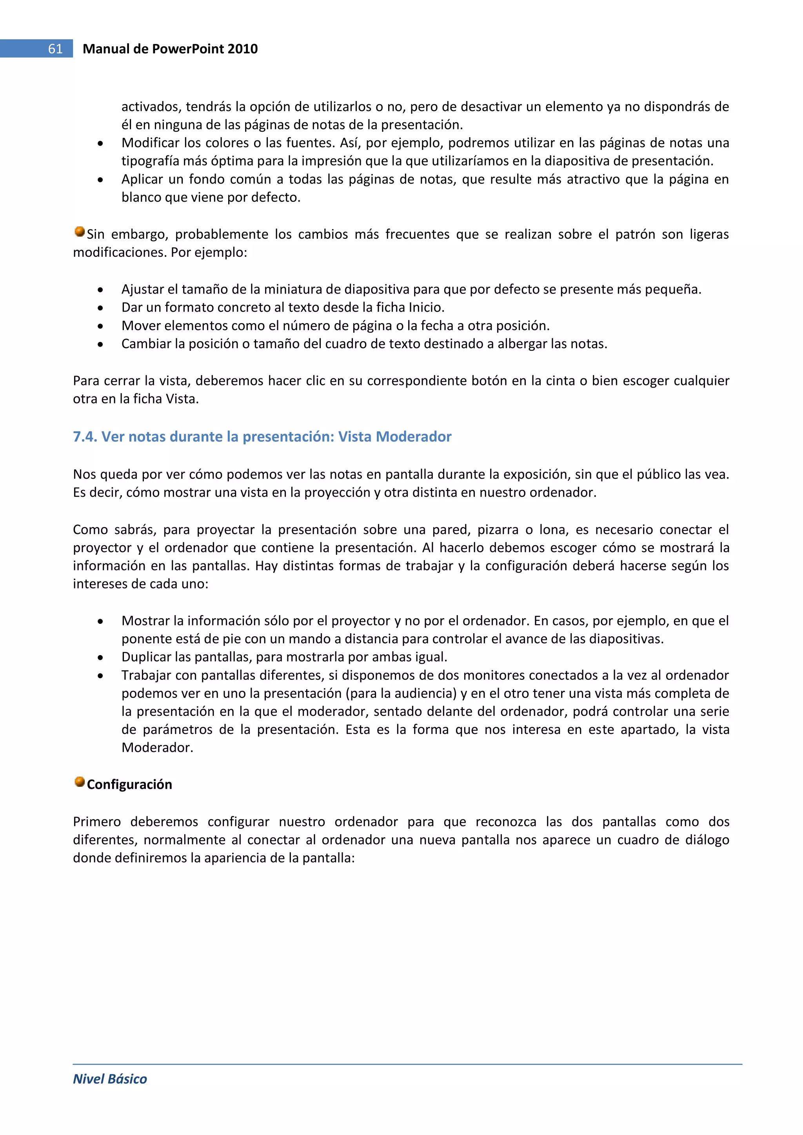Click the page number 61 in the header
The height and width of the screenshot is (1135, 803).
(x=55, y=49)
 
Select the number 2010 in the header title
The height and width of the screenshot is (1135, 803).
(x=242, y=49)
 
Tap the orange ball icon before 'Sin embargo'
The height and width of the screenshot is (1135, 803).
(x=80, y=231)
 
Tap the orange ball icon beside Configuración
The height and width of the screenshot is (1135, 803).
(x=80, y=781)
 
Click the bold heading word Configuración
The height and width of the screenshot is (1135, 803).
(x=129, y=785)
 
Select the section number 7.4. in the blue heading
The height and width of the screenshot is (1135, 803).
(x=85, y=436)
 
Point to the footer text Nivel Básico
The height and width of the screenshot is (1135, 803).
(x=110, y=1079)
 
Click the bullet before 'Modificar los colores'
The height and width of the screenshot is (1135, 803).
(x=100, y=144)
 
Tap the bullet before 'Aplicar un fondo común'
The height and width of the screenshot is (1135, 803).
(x=100, y=180)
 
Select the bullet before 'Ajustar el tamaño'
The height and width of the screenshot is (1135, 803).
(x=100, y=290)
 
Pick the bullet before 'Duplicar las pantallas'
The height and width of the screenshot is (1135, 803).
(x=100, y=658)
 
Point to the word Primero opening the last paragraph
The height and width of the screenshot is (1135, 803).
(x=97, y=822)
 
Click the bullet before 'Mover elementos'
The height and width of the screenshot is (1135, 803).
(x=100, y=327)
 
